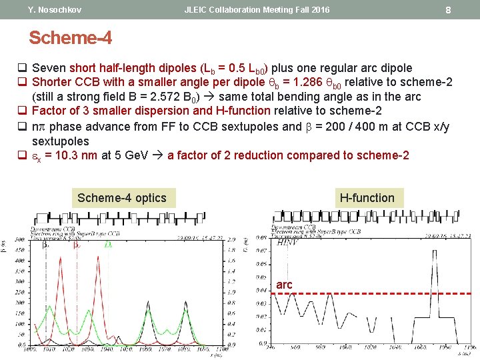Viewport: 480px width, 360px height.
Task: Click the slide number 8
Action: pos(448,10)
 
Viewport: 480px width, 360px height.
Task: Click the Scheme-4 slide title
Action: pos(70,38)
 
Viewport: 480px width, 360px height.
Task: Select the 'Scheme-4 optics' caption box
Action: pos(122,197)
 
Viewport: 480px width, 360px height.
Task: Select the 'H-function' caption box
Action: pos(367,197)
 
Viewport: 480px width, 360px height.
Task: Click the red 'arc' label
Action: pos(284,285)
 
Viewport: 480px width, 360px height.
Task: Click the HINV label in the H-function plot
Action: pos(288,243)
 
